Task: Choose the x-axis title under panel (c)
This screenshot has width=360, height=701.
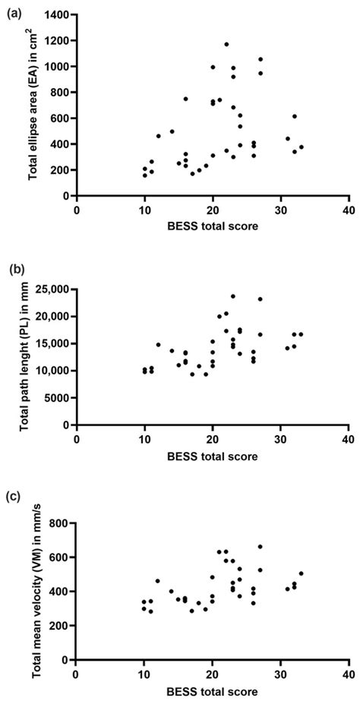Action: coord(212,690)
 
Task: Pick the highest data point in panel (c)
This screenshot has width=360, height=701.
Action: coord(260,546)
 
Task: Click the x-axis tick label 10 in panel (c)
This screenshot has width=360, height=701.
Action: coord(144,673)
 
